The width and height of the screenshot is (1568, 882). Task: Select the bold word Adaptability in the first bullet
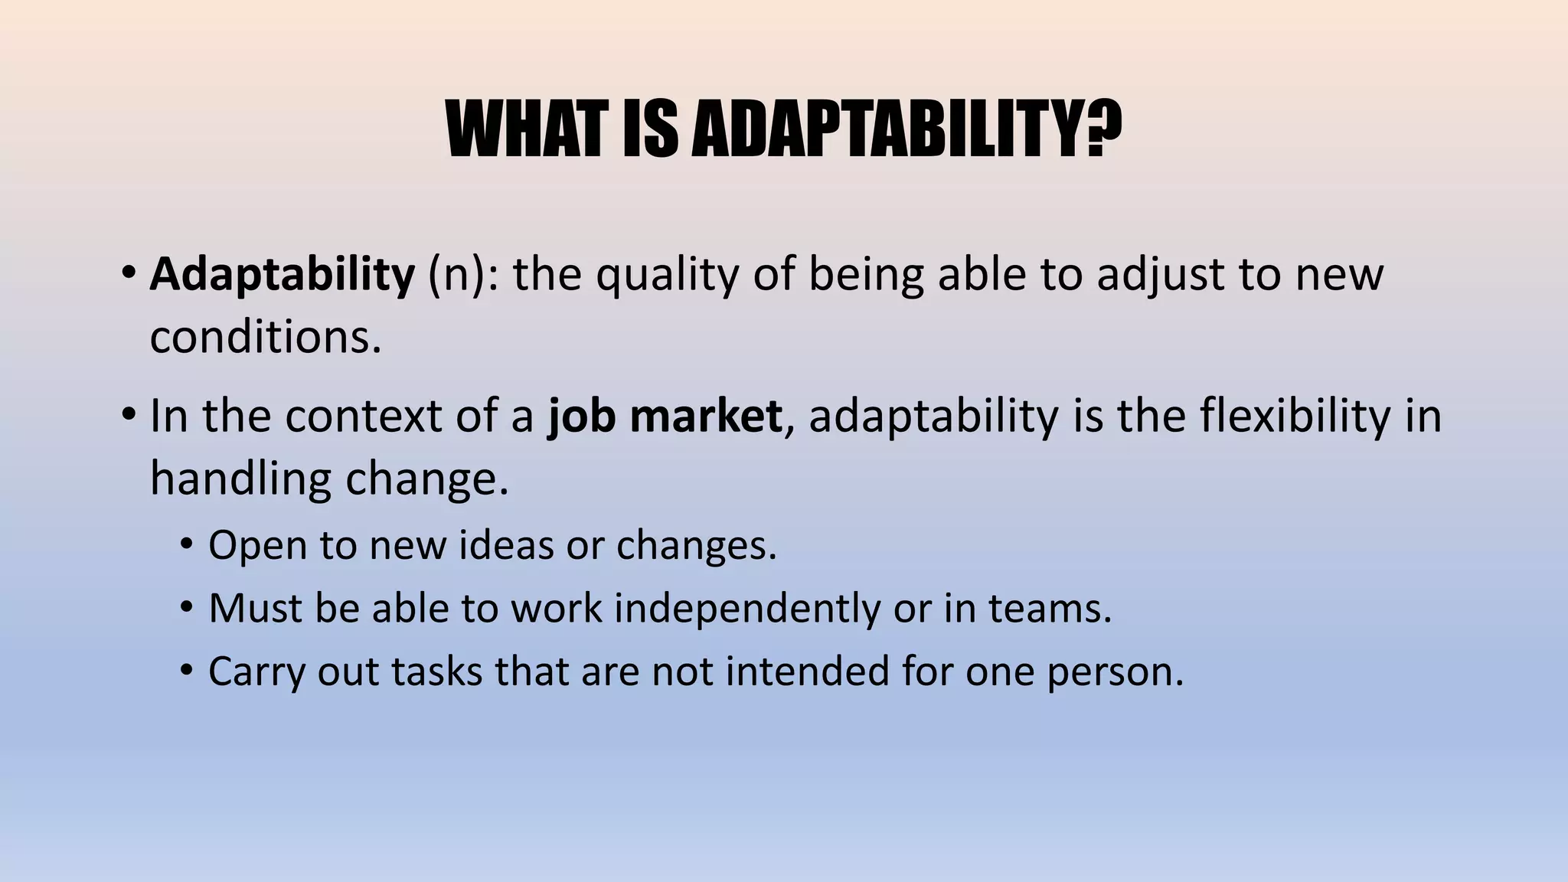(282, 274)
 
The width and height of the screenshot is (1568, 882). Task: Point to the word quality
(668, 276)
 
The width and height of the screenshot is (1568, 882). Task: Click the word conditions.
(265, 337)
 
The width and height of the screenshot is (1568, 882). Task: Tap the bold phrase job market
(665, 416)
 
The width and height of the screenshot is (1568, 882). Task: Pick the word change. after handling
(427, 479)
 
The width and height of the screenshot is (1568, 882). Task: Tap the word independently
(747, 609)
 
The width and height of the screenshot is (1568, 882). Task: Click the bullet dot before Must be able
(186, 609)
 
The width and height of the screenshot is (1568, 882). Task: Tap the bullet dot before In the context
(128, 416)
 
